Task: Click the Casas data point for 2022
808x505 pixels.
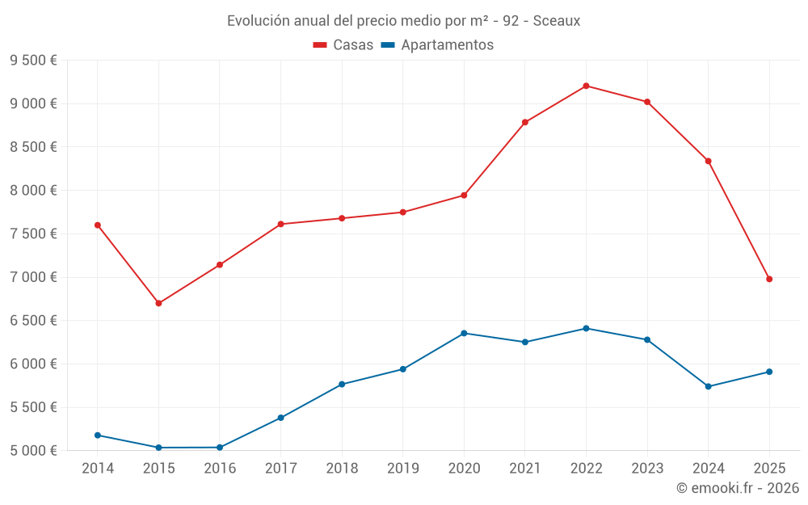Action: [586, 86]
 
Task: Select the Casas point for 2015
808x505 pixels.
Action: [158, 303]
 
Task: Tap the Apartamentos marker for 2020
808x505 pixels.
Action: [464, 333]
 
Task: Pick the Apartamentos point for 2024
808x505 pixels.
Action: [709, 386]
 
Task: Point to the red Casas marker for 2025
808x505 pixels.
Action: [769, 279]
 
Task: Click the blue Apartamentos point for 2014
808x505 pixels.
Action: [98, 436]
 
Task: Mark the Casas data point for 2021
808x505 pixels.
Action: [525, 122]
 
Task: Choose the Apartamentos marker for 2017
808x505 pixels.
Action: [280, 418]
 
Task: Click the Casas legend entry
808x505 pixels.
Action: [343, 45]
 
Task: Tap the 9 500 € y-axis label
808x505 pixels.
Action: [33, 60]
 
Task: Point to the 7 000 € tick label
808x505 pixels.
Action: [33, 277]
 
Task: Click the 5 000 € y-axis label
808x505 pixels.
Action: [33, 451]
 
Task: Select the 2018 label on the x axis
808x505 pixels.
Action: [342, 468]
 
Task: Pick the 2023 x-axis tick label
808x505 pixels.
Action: [647, 468]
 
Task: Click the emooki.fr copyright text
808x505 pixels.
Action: [738, 487]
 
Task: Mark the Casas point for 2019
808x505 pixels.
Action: [402, 213]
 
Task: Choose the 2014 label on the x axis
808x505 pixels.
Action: [98, 468]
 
